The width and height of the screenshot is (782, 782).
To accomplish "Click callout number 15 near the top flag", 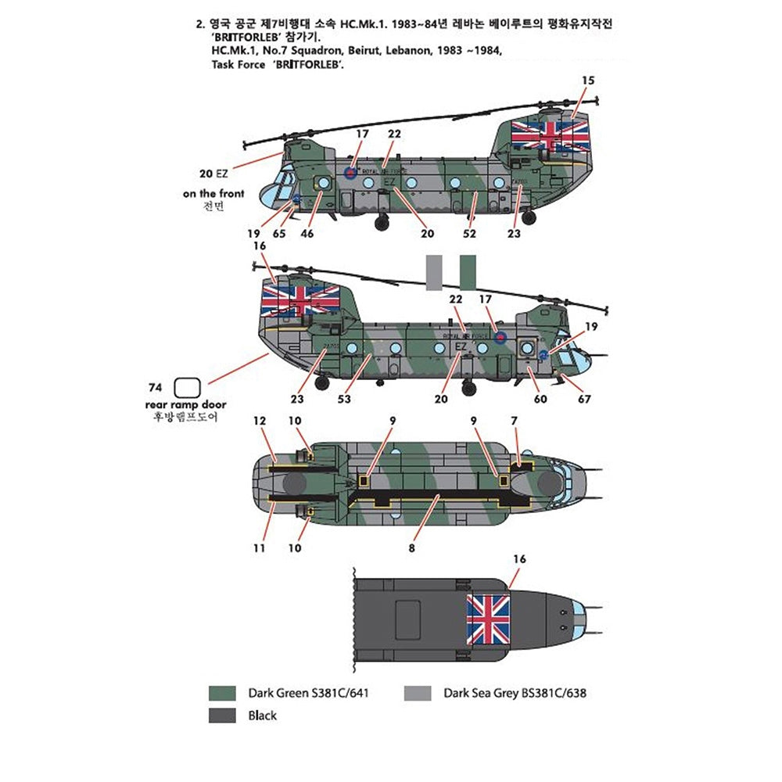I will click(588, 81).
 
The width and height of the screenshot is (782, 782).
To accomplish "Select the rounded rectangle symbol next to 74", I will click(188, 387).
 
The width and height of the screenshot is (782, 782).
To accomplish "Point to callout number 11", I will click(260, 548).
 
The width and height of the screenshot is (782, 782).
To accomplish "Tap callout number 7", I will click(514, 421).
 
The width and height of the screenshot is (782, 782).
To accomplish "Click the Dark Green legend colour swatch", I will click(223, 693).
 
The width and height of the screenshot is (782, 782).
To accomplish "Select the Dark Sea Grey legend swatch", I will click(418, 693).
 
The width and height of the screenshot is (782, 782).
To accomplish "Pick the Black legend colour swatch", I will click(223, 715).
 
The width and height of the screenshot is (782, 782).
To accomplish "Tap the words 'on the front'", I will click(213, 193).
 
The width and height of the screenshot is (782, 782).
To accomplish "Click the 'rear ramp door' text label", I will click(185, 404).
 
